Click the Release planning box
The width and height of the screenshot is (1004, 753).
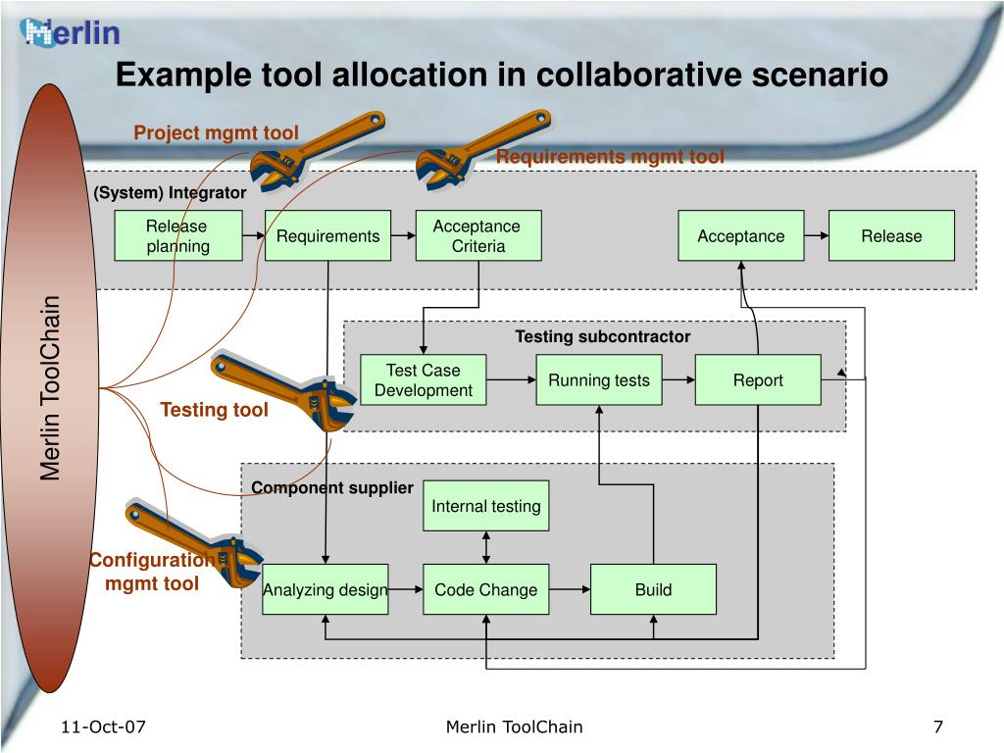tap(178, 235)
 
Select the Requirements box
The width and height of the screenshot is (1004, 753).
tap(327, 235)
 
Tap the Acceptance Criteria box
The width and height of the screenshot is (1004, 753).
tap(478, 235)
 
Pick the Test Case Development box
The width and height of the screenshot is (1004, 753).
tap(424, 379)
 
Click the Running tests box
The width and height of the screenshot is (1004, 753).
tap(599, 379)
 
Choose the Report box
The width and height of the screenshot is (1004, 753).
tap(758, 379)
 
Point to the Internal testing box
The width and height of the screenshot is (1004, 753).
tap(486, 506)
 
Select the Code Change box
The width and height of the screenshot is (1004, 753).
tap(486, 589)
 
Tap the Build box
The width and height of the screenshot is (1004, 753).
tap(653, 589)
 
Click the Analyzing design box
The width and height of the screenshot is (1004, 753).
tap(326, 589)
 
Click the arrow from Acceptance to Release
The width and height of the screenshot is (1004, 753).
tap(817, 235)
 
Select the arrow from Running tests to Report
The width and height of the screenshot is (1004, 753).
tap(678, 379)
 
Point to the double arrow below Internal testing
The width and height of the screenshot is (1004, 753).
tap(486, 547)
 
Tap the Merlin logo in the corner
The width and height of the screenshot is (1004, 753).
tap(70, 32)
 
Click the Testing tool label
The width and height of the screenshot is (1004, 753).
tap(214, 410)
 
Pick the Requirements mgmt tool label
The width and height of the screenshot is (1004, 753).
tap(610, 156)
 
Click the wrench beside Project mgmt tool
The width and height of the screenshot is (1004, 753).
tap(317, 150)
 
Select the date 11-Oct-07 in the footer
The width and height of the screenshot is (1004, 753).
tap(103, 727)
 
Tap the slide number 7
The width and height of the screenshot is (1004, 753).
tap(938, 727)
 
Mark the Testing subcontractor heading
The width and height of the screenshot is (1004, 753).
tap(603, 337)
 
